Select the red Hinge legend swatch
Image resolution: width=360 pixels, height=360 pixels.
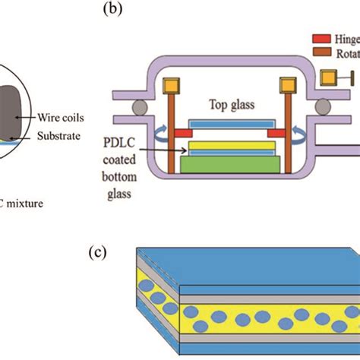coord(320,37)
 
